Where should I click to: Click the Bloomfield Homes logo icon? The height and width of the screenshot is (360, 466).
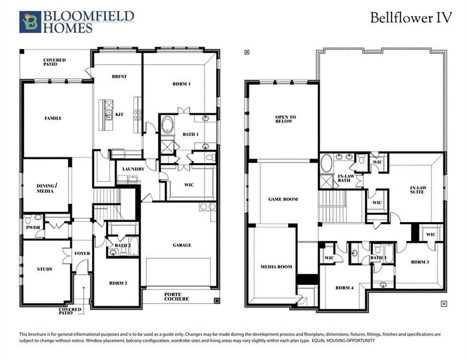point(28,21)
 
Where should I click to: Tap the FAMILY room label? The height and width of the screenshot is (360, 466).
point(52,118)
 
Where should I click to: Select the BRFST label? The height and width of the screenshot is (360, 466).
point(119,76)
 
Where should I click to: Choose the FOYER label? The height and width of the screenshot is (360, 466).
point(82,253)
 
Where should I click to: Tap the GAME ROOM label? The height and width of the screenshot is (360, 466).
point(283,199)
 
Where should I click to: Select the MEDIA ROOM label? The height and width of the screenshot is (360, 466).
point(276,267)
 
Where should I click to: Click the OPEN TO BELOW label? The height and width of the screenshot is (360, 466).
point(285,120)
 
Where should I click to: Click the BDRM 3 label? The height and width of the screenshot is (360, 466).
point(420,262)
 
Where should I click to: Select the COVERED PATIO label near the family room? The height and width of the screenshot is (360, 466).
point(54,63)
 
